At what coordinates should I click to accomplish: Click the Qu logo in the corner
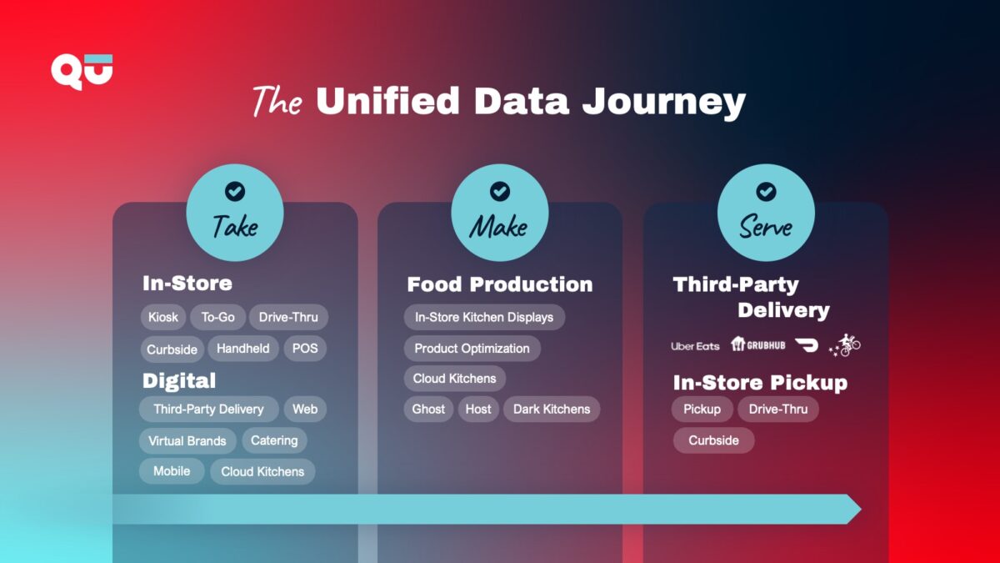pos(81,70)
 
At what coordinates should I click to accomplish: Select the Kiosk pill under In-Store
pos(163,318)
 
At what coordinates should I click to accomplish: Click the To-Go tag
pos(218,318)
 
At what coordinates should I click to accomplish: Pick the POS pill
pos(305,349)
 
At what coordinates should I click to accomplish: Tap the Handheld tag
pos(243,349)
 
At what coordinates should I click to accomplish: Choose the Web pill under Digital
pos(305,410)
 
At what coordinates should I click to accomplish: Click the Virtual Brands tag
pos(187,440)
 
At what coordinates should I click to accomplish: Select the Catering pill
pos(274,440)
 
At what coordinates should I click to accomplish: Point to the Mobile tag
pos(172,471)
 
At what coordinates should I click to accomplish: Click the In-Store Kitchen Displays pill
pos(484,318)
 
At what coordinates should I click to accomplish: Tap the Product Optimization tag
pos(472,349)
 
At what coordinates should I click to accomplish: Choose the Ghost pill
pos(428,410)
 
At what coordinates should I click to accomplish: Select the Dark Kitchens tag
pos(552,410)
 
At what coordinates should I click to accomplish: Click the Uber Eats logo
pos(695,346)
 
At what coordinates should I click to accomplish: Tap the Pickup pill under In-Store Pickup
pos(702,410)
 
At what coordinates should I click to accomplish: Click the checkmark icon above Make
pos(499,192)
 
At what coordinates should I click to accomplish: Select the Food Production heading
pos(499,284)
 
